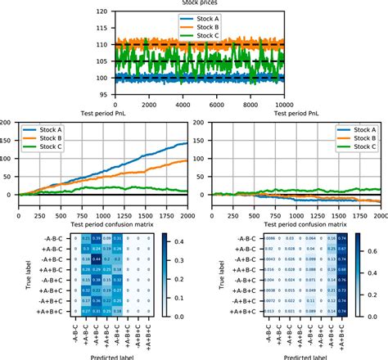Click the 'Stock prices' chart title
coord(194,3)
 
